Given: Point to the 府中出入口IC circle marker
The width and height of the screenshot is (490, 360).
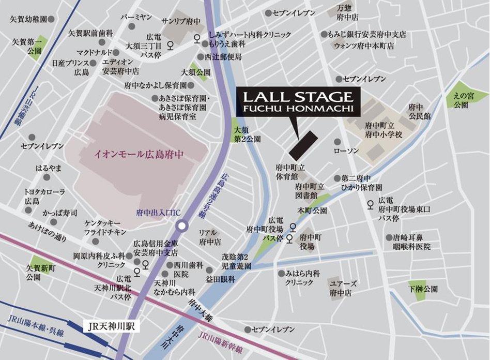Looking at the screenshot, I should (182, 226).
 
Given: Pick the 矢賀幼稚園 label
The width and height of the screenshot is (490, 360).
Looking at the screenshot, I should (29, 19).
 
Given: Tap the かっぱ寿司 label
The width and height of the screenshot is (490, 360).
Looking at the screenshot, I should (60, 213).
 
